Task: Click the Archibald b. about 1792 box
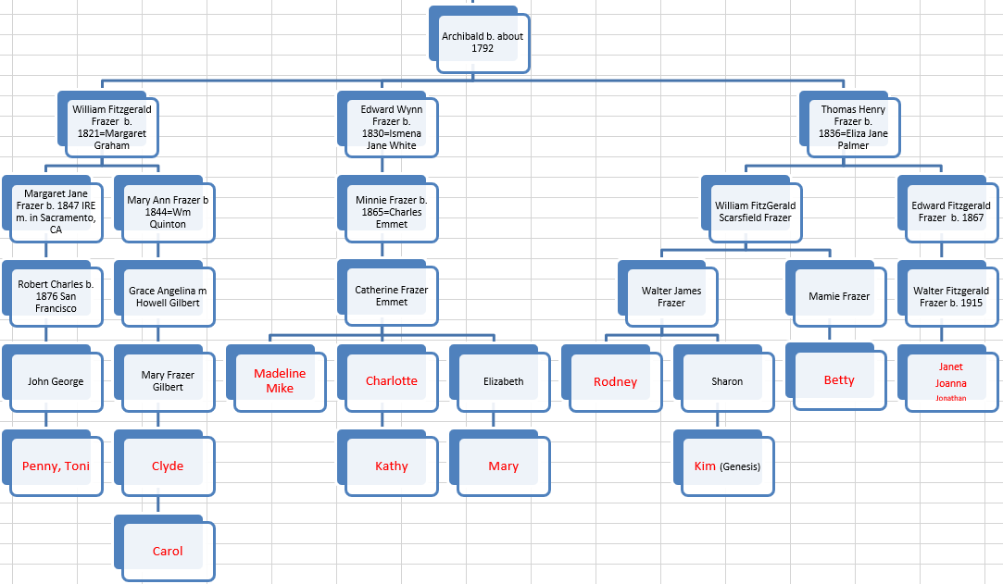pos(483,43)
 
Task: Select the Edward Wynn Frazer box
pos(391,128)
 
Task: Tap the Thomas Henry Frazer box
pos(853,128)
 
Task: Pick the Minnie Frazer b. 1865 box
pos(391,212)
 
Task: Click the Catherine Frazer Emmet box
pos(391,296)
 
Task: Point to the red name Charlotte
pos(391,381)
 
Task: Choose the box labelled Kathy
pos(391,466)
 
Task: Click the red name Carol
pos(168,552)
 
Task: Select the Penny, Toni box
pos(56,466)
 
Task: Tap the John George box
pos(56,381)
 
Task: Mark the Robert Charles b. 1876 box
pos(56,296)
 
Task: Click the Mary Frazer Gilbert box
pos(168,381)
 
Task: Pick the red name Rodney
pos(615,382)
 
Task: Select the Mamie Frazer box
pos(838,297)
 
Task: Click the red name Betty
pos(839,380)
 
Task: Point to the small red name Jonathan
pos(950,398)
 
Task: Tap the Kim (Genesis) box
pos(727,466)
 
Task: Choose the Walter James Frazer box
pos(671,297)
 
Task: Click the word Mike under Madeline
pos(280,389)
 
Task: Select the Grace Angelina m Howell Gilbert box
pos(168,297)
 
